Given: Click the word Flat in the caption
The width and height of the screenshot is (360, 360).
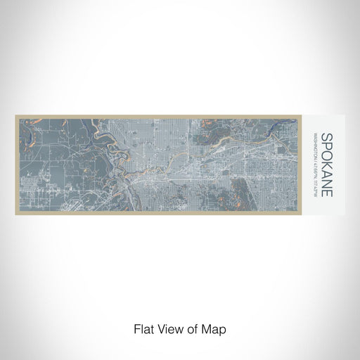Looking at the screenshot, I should coord(143,329).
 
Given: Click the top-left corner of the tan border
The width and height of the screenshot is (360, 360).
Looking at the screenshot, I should coord(15,115).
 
